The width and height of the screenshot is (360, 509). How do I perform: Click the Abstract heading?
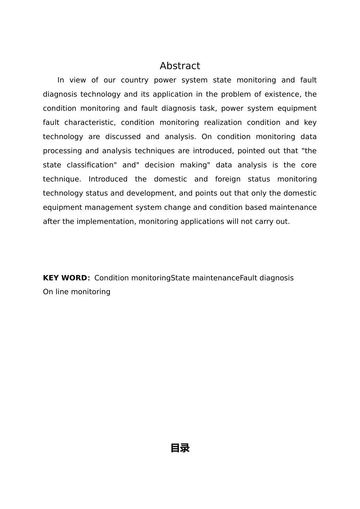(x=180, y=66)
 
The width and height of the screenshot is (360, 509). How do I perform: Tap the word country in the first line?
(x=135, y=80)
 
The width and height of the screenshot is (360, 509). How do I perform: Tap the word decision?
(x=159, y=165)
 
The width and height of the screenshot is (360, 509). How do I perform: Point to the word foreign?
(x=228, y=179)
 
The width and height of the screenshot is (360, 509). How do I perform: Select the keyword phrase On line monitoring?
(x=77, y=292)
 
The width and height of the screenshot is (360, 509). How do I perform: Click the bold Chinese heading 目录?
(x=180, y=448)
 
